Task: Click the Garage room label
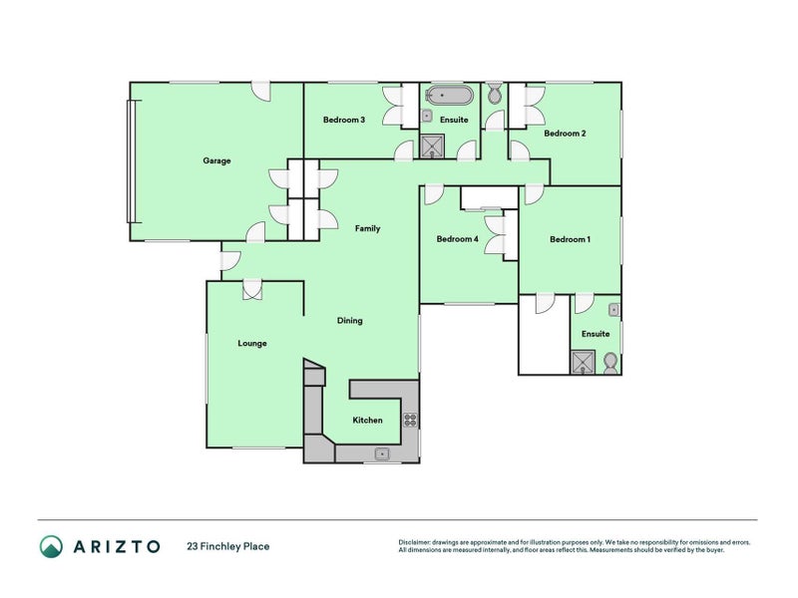216,160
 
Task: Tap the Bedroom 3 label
343,120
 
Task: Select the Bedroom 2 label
565,133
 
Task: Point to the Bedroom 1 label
570,239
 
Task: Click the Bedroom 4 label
457,239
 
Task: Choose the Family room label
368,229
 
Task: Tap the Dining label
349,321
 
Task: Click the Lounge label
252,344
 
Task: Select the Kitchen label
367,421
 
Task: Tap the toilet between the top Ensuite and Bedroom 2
494,96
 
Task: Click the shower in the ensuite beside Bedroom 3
432,147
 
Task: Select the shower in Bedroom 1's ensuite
583,362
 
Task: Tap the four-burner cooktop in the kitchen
409,420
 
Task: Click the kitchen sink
382,453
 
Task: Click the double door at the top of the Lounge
252,290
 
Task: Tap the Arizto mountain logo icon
51,546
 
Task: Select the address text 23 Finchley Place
227,546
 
